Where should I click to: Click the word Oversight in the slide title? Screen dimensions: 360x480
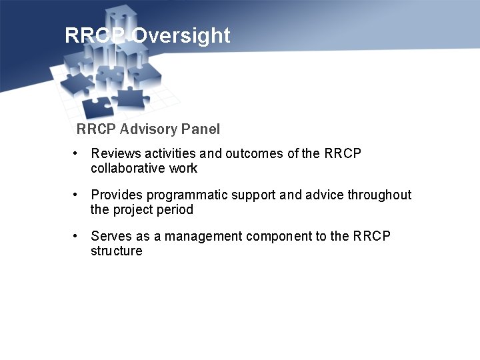click(x=181, y=35)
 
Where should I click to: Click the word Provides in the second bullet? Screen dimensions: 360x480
click(x=117, y=195)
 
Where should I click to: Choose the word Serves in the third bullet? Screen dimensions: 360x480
click(x=110, y=237)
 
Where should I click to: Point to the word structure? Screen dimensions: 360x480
click(x=117, y=251)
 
